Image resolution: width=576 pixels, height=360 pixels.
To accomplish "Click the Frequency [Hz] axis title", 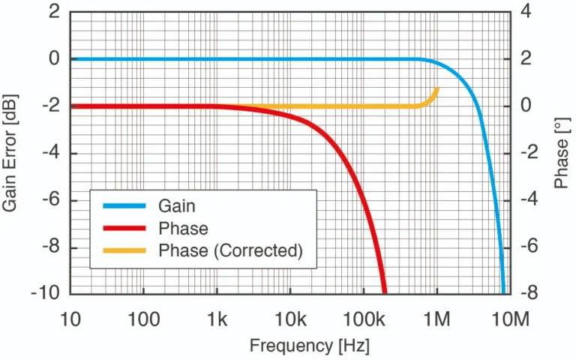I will point(309,346).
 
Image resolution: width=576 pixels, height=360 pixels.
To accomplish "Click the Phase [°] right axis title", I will point(561,153).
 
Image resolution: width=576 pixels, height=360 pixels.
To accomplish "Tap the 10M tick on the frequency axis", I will point(509,319).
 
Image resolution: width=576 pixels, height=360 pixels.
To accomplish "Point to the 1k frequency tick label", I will point(217,319).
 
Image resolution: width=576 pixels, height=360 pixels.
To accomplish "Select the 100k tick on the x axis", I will point(363,319).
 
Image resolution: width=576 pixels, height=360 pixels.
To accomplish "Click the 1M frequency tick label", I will point(436,319).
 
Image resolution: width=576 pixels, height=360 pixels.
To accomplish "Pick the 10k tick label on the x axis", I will point(290,319).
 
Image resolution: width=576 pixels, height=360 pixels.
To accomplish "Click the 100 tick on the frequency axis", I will point(143,319).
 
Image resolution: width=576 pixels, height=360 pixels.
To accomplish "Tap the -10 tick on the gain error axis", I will point(46,294).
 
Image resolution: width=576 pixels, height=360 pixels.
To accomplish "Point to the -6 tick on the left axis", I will point(49,200).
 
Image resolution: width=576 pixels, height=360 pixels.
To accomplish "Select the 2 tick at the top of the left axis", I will point(54,12).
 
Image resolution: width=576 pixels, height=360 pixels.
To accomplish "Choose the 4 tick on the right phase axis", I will point(528,12).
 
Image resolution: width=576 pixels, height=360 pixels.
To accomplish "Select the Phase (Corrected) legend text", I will point(230,250).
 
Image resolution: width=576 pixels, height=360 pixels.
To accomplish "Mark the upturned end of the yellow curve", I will point(436,89).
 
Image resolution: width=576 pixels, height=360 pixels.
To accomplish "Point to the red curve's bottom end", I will point(384,292).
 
